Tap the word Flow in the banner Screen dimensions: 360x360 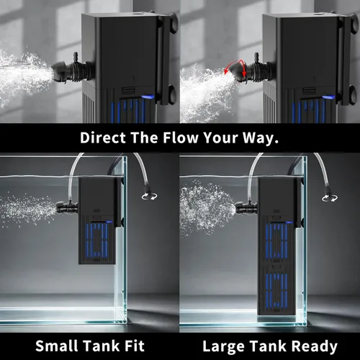[x=181, y=138]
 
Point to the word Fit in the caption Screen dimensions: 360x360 [x=135, y=346]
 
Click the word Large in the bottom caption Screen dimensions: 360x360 [x=223, y=346]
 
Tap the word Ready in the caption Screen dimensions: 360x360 [x=315, y=346]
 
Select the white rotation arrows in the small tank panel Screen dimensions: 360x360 [x=149, y=197]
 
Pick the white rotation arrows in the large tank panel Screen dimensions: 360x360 [x=330, y=198]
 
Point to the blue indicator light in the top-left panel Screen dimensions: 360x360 [x=148, y=97]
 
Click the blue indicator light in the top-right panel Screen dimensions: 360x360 [x=328, y=97]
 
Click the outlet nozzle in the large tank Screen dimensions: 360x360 [x=244, y=208]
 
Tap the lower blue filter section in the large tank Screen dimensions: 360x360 [x=276, y=291]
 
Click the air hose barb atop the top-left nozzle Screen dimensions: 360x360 [x=76, y=57]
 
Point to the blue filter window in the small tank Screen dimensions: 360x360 [x=96, y=240]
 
